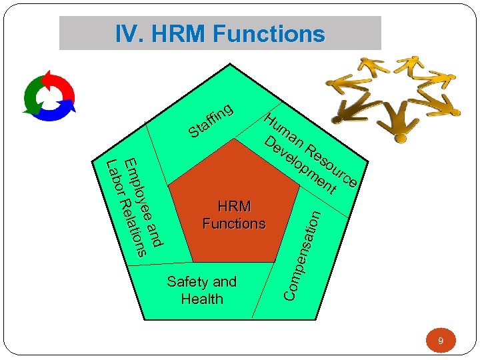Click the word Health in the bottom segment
(x=202, y=299)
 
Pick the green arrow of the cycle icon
(x=31, y=97)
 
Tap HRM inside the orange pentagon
(x=234, y=207)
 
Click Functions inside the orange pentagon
(x=234, y=223)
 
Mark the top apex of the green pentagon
(x=230, y=64)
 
